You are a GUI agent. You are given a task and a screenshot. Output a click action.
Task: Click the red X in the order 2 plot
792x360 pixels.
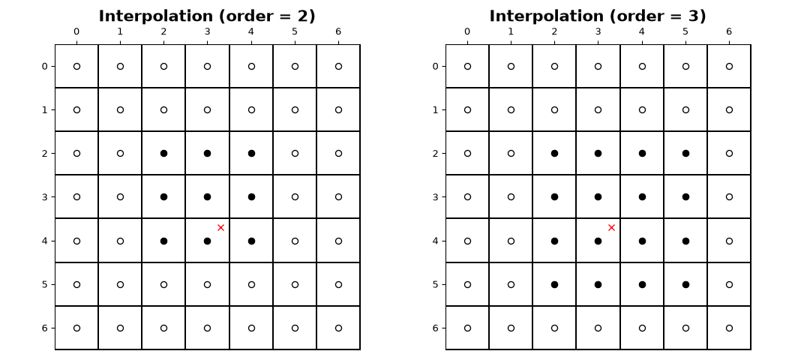tap(220, 228)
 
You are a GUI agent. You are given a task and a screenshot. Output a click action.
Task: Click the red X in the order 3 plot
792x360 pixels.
tap(612, 228)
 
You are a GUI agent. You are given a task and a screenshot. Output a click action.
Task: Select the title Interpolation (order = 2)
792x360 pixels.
tap(207, 16)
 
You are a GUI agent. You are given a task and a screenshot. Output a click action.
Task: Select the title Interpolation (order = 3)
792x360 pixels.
tap(598, 16)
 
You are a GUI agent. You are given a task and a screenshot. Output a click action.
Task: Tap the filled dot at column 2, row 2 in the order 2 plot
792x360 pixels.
tap(163, 153)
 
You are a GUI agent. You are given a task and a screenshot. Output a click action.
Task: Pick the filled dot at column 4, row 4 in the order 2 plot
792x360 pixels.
tap(251, 241)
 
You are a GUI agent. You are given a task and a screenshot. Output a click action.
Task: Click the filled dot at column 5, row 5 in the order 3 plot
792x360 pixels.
tap(685, 284)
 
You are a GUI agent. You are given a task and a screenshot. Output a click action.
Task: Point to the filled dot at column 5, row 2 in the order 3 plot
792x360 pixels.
tap(685, 153)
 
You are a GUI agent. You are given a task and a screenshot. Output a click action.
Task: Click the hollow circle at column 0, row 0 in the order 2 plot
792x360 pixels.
tap(76, 66)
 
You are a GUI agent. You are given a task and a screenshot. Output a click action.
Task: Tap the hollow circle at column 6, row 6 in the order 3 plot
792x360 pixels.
tap(729, 328)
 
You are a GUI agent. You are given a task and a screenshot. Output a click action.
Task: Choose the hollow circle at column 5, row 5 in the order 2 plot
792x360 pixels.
tap(295, 284)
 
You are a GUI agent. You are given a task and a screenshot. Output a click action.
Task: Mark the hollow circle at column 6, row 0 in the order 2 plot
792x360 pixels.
tap(338, 66)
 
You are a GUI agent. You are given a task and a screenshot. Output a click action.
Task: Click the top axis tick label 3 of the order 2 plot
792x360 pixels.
tap(207, 31)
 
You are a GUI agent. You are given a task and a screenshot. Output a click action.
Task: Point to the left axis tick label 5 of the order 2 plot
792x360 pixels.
tap(44, 284)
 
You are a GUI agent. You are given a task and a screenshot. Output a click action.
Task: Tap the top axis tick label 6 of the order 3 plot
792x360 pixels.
tap(729, 31)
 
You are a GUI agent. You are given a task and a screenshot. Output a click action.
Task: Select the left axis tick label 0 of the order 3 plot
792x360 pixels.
tap(436, 66)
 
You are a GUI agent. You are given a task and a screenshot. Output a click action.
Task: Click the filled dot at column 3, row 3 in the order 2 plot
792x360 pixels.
tap(207, 196)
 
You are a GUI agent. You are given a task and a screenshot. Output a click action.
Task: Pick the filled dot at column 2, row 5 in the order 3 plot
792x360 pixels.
tap(554, 284)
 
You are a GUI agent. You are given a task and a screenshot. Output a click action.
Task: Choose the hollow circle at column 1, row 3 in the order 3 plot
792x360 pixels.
tap(511, 196)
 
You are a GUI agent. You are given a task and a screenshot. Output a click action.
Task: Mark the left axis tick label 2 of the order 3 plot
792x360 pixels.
tap(436, 153)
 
